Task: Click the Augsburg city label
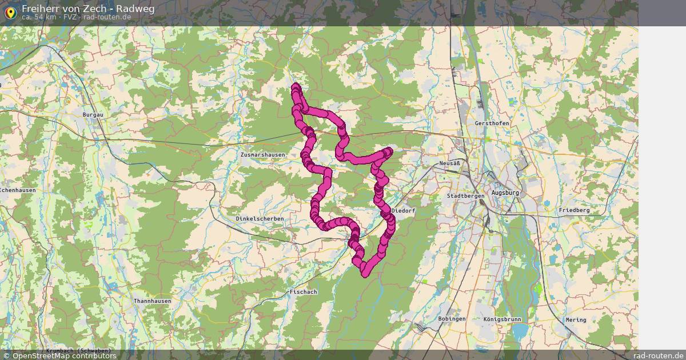(505, 193)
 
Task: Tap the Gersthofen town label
(492, 123)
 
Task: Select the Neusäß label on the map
(450, 163)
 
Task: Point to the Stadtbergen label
(465, 196)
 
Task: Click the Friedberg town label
(575, 210)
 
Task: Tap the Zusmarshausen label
(262, 155)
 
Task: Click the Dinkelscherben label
(260, 219)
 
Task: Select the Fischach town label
(303, 292)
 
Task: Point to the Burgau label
(93, 115)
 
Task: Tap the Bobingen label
(452, 319)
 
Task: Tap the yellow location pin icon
(10, 11)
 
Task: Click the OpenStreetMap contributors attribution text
(64, 355)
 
